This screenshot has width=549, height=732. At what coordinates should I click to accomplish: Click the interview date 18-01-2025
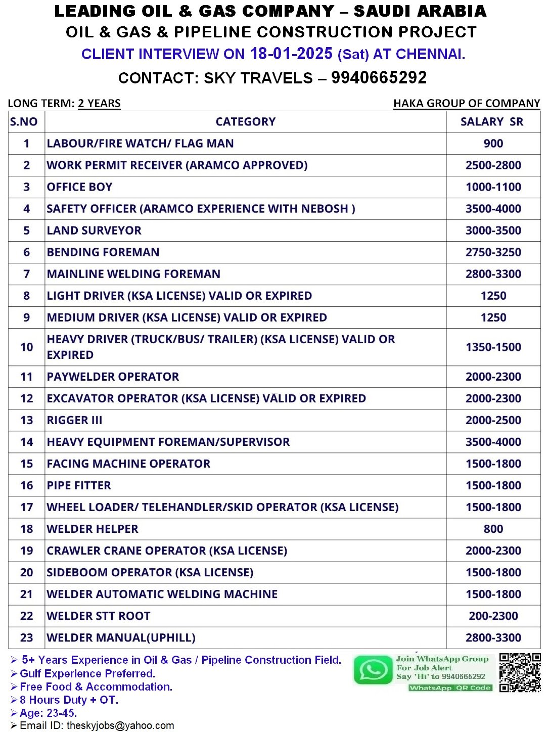point(291,54)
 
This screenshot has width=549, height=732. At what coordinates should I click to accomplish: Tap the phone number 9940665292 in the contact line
point(379,77)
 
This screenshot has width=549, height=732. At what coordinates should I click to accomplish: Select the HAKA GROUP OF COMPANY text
point(467,103)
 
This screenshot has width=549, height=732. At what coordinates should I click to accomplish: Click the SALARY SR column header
point(492,122)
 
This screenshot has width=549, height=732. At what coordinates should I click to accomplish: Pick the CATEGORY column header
point(246,122)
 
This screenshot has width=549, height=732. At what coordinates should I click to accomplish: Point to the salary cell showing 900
point(493,144)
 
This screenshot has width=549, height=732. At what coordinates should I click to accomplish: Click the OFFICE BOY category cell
point(79,187)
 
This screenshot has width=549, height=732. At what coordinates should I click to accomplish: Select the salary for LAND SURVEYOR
point(493,231)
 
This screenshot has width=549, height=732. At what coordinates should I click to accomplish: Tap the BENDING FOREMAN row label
point(103,252)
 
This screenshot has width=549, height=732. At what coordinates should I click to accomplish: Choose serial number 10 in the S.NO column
point(26,347)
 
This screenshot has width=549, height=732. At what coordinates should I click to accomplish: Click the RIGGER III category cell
point(74,420)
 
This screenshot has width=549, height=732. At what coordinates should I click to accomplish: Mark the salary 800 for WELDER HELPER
point(493,529)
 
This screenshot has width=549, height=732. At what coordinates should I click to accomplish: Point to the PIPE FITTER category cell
point(79,485)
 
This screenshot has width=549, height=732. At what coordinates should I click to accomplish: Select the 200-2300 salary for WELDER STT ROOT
point(493,616)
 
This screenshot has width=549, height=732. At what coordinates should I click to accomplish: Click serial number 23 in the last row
point(26,637)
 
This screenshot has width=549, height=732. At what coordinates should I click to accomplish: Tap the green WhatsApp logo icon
point(373,670)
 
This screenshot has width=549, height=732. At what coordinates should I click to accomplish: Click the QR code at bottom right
point(520,672)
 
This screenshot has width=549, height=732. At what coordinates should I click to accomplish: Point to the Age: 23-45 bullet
point(48,713)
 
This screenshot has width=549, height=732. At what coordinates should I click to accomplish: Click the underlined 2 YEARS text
point(99,103)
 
